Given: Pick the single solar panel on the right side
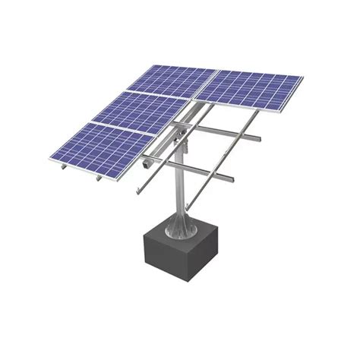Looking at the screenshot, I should [248, 90].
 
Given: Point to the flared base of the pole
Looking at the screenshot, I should [181, 224].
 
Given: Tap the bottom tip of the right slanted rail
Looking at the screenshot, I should [188, 208].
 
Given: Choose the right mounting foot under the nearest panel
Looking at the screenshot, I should [99, 180].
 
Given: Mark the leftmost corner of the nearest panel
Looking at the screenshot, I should [50, 159].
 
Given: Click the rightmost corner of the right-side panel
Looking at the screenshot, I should [303, 77].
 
